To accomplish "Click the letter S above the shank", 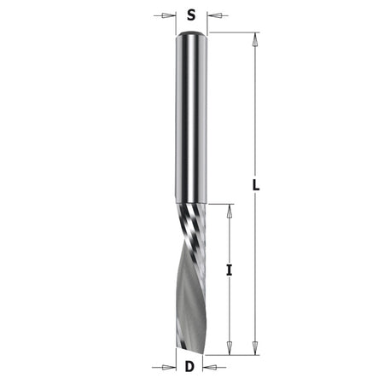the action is pyautogui.click(x=191, y=15).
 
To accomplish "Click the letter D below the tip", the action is pyautogui.click(x=189, y=367).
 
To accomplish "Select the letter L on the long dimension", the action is pyautogui.click(x=256, y=186).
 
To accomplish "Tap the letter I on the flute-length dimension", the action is pyautogui.click(x=230, y=270).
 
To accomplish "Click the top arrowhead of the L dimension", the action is pyautogui.click(x=255, y=40).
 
